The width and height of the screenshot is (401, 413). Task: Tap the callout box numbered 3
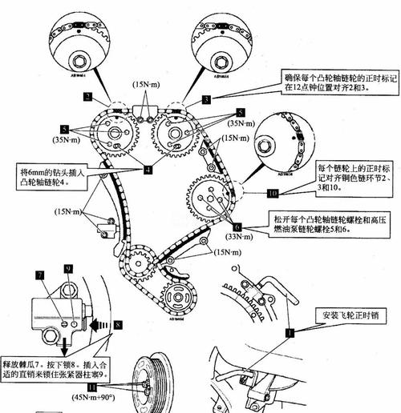pos(207,100)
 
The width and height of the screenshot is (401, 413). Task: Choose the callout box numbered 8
pos(118,325)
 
